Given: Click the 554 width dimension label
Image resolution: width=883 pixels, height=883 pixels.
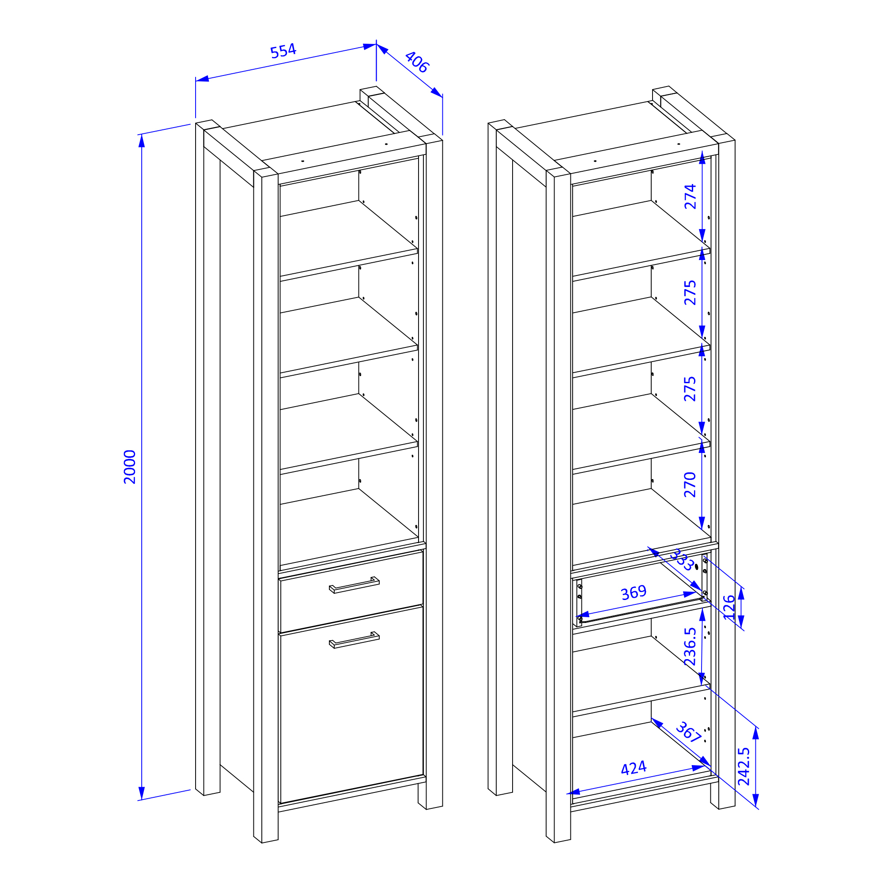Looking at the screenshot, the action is tap(283, 51).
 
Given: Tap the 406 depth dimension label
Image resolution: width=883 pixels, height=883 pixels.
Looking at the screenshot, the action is tap(417, 62).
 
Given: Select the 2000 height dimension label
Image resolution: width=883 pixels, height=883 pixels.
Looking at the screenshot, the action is tap(130, 467).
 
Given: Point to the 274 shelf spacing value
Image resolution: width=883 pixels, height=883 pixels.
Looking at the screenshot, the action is tap(690, 196).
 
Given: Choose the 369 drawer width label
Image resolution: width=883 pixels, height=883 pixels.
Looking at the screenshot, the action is tap(634, 593).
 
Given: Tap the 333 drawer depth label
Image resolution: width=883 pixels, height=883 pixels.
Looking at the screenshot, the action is tap(682, 560).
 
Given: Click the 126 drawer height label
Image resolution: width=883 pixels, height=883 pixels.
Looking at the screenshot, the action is tap(729, 608).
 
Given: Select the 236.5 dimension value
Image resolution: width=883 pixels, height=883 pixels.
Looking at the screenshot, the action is tap(690, 647).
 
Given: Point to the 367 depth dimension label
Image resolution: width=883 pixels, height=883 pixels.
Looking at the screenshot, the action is tap(689, 732).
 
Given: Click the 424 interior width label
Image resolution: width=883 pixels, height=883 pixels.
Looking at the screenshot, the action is tap(634, 768).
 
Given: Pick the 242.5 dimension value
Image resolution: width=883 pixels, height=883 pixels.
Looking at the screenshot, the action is tap(743, 766).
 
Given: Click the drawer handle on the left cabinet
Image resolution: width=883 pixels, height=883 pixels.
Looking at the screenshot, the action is tap(354, 585).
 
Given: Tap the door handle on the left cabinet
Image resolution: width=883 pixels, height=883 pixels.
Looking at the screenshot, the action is tap(354, 640).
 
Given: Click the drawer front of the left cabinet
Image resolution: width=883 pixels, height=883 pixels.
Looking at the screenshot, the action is tap(351, 592).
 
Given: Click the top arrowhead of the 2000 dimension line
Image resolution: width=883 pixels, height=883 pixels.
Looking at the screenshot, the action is tap(142, 141).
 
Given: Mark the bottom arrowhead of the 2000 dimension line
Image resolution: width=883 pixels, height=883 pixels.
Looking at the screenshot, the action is tap(142, 793).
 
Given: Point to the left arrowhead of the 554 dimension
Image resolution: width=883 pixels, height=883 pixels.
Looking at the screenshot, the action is tap(203, 79).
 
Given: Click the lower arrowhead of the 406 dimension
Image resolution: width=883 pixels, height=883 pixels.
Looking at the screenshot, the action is tap(437, 92).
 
